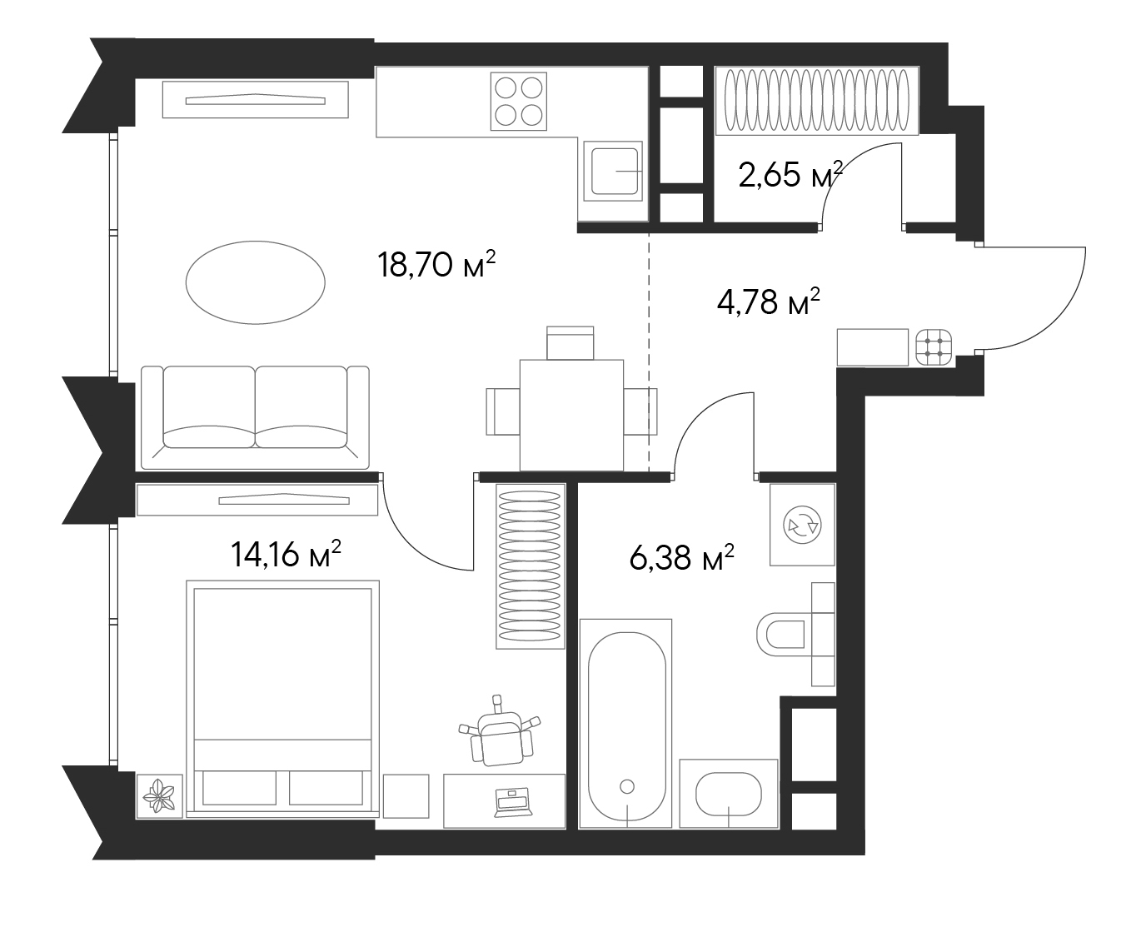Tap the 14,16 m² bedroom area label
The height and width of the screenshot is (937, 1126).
[286, 554]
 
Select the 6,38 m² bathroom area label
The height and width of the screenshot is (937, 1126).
[681, 558]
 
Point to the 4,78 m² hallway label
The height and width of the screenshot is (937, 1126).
[768, 302]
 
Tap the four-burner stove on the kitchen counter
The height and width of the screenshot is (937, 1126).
[518, 101]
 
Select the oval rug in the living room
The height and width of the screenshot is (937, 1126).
[255, 282]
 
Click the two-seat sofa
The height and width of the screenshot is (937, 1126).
[255, 416]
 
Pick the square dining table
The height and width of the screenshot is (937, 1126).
[571, 413]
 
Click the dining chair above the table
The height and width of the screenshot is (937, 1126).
[570, 342]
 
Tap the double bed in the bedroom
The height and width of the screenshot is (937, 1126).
[282, 698]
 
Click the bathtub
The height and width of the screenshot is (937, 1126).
[626, 723]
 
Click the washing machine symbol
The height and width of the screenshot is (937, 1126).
[802, 525]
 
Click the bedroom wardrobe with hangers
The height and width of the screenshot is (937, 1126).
[529, 566]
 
